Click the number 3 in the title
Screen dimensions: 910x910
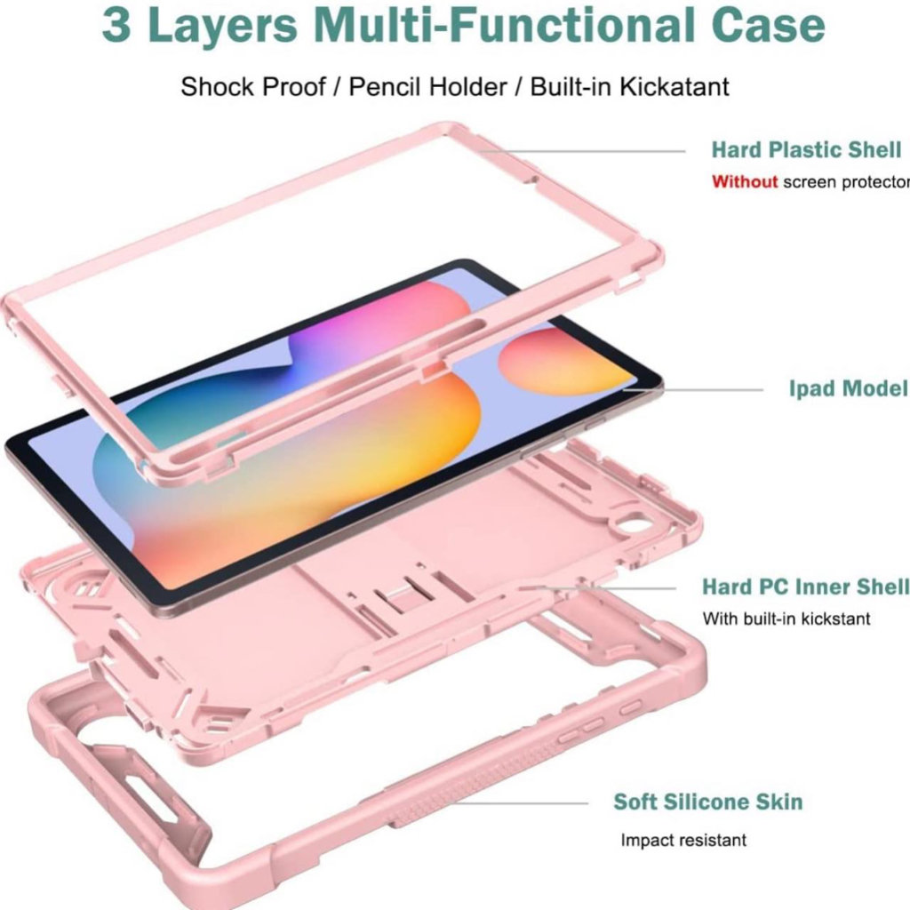118,26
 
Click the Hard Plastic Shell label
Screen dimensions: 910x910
806,149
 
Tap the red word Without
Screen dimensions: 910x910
745,182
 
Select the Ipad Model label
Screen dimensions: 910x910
848,388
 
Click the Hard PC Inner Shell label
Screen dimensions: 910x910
805,587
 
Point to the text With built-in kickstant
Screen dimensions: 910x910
786,619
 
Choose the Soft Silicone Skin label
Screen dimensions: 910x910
707,802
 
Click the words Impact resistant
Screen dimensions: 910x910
683,840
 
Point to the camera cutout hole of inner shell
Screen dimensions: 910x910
635,525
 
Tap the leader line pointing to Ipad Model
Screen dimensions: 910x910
702,389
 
